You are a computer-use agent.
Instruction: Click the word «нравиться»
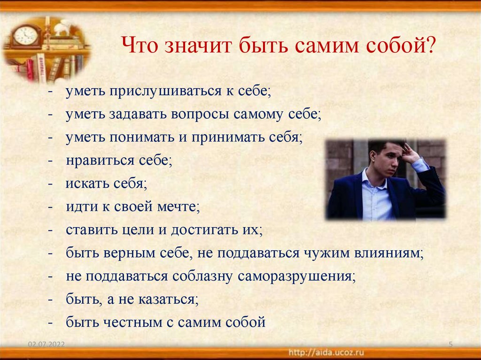tap(101, 161)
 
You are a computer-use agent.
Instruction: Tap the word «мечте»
tap(180, 207)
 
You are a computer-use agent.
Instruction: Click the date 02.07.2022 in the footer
tap(46, 345)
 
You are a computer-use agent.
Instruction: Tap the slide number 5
tap(450, 345)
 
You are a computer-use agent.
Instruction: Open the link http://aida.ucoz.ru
tap(325, 352)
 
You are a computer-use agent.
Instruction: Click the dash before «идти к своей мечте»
tap(50, 207)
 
